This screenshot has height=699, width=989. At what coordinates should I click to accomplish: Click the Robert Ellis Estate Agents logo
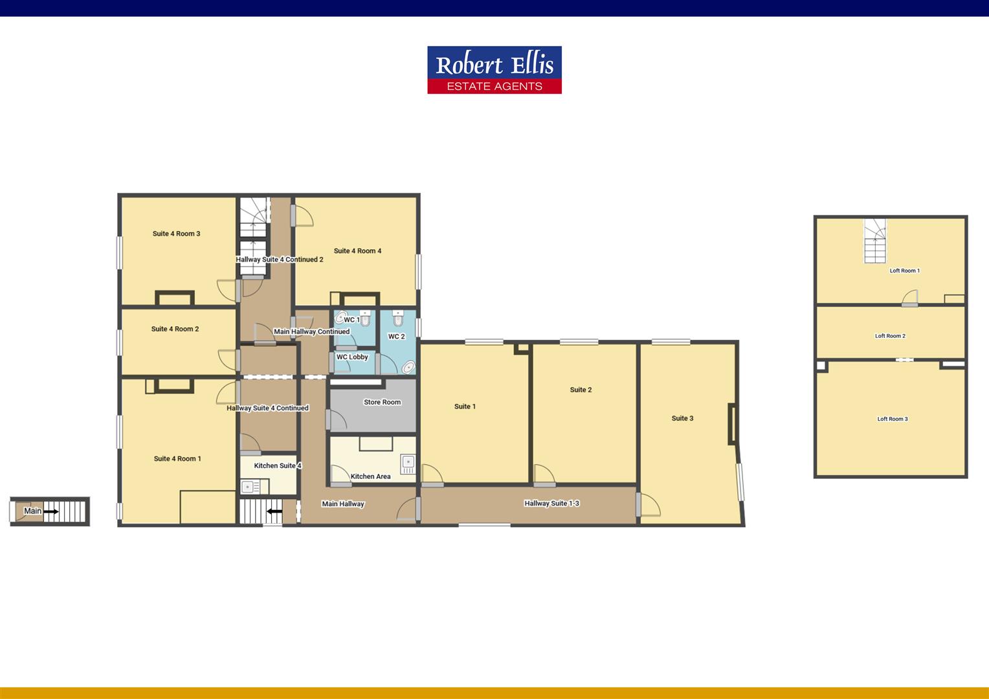click(494, 70)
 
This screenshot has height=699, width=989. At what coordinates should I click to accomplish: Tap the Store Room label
click(382, 402)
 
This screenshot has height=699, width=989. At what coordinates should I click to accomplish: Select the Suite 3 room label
click(682, 418)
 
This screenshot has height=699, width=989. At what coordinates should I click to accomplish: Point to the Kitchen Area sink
click(408, 462)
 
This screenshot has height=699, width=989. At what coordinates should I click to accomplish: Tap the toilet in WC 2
click(397, 318)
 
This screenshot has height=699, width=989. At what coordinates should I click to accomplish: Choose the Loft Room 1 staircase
click(875, 241)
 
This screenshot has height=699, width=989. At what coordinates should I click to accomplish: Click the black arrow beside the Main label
click(51, 511)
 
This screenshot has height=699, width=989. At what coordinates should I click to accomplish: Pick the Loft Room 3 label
click(892, 419)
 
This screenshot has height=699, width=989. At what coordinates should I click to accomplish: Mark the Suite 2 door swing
click(544, 474)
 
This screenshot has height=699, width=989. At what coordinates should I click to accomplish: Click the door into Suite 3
click(648, 505)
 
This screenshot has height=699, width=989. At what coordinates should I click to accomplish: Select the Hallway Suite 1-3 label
click(551, 503)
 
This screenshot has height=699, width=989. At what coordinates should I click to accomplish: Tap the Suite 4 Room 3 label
click(176, 234)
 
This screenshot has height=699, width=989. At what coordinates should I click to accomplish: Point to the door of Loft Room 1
click(909, 298)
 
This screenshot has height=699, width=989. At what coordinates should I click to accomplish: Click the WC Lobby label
click(352, 357)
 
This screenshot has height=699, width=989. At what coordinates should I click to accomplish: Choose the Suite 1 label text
click(465, 406)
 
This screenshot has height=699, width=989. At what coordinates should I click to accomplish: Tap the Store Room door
click(337, 419)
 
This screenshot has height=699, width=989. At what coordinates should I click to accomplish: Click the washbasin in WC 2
click(408, 367)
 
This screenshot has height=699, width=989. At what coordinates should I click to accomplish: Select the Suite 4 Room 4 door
click(302, 216)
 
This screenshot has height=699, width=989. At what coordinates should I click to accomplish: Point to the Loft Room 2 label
click(890, 336)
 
